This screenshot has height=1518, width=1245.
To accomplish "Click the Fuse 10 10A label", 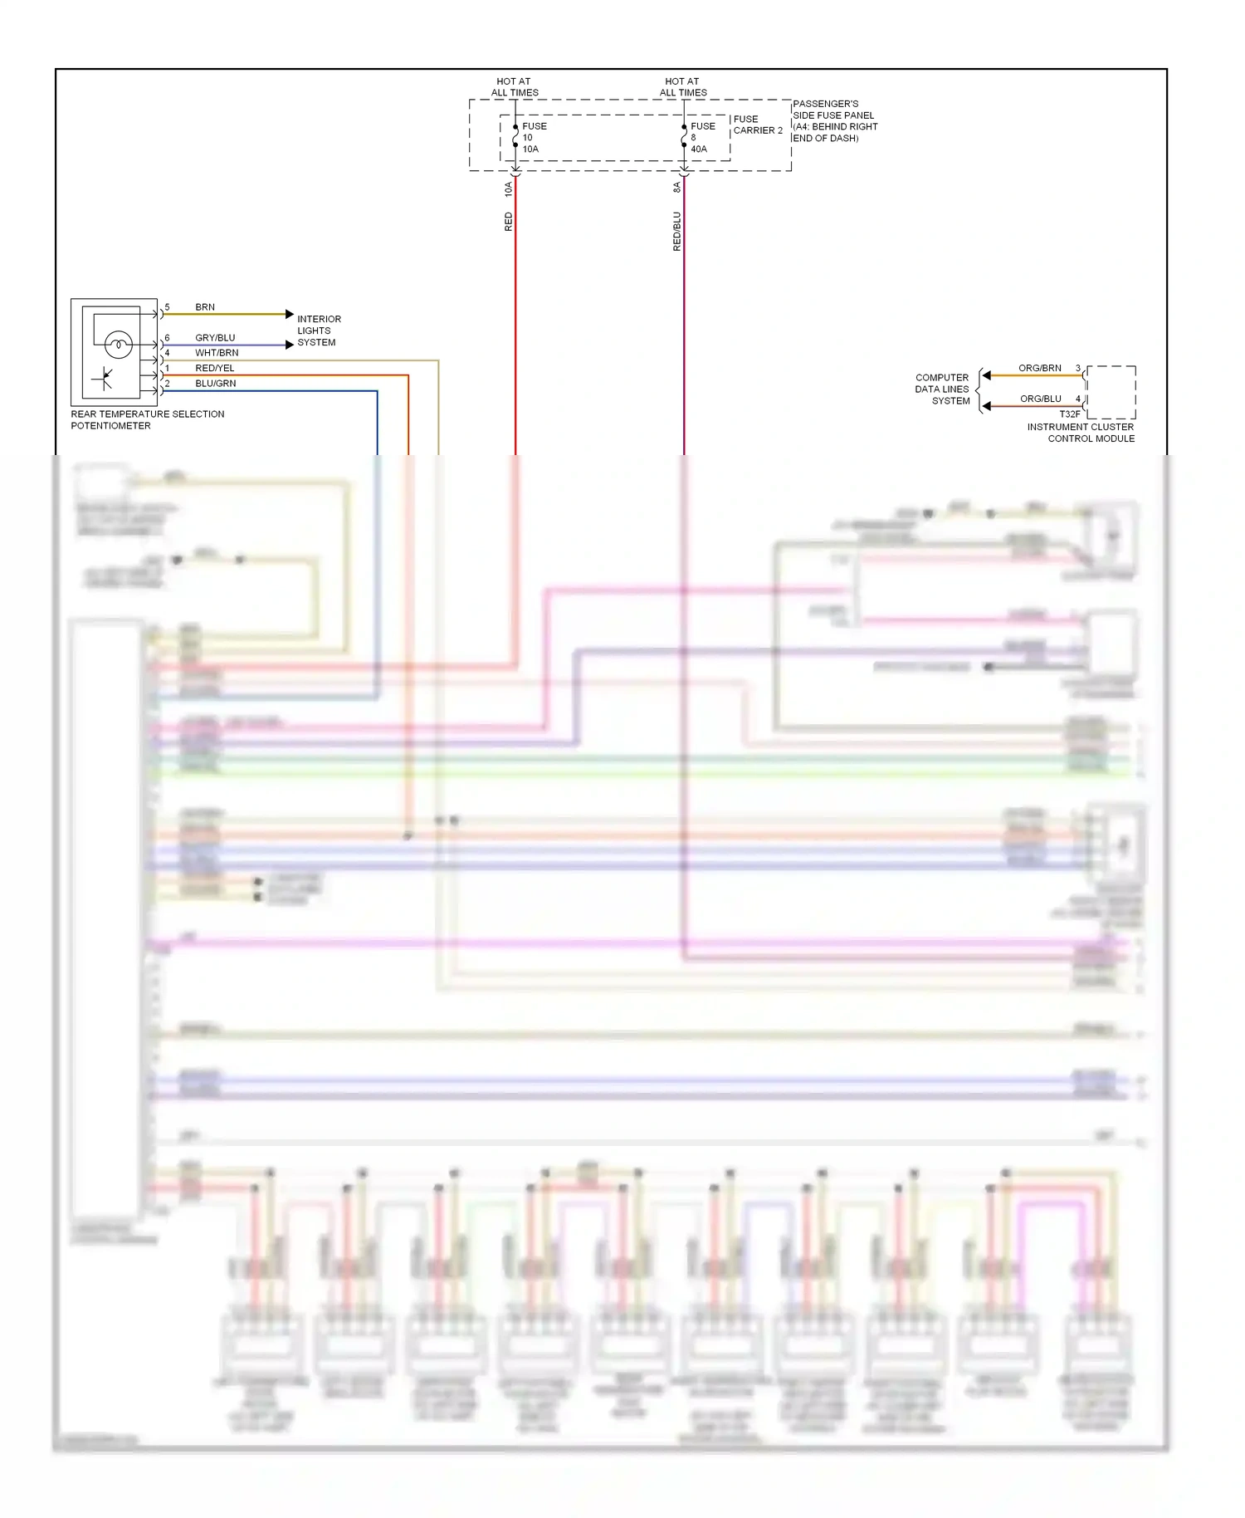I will pyautogui.click(x=533, y=138).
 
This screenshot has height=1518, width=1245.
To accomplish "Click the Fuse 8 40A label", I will pyautogui.click(x=701, y=138).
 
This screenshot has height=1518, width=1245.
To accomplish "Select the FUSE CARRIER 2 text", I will pyautogui.click(x=757, y=125).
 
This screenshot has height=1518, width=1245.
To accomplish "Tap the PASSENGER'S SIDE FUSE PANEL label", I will pyautogui.click(x=834, y=121).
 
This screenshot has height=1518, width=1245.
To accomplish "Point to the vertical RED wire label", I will pyautogui.click(x=509, y=222).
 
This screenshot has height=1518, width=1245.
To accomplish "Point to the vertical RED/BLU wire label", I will pyautogui.click(x=676, y=231).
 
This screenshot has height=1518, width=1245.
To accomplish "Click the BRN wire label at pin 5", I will pyautogui.click(x=205, y=307).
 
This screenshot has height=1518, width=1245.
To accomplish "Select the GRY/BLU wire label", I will pyautogui.click(x=215, y=338).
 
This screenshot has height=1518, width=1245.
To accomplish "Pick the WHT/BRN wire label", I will pyautogui.click(x=217, y=353).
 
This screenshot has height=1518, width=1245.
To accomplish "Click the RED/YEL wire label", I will pyautogui.click(x=215, y=368).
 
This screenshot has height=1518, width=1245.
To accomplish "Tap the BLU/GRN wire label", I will pyautogui.click(x=216, y=384).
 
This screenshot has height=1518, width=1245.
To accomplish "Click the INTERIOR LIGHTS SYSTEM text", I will pyautogui.click(x=319, y=331).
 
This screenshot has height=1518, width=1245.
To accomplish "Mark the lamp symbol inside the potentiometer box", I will pyautogui.click(x=119, y=344).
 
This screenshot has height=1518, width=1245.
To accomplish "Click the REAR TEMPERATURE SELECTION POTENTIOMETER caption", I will pyautogui.click(x=147, y=420).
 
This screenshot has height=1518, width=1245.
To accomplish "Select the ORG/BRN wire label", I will pyautogui.click(x=1039, y=368).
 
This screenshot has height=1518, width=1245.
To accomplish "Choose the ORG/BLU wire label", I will pyautogui.click(x=1040, y=399).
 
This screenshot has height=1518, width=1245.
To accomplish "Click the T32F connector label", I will pyautogui.click(x=1070, y=414).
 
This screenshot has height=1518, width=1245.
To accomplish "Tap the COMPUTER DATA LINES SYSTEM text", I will pyautogui.click(x=942, y=389).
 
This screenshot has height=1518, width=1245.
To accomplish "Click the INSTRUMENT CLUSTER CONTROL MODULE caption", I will pyautogui.click(x=1081, y=433).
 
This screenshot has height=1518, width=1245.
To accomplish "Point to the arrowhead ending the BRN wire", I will pyautogui.click(x=290, y=314).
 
